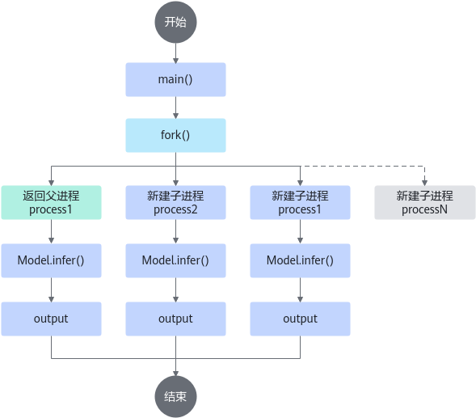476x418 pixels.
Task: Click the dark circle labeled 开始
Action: coord(175,22)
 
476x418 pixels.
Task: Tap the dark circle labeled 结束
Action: coord(175,397)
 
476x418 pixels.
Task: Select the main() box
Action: coord(175,79)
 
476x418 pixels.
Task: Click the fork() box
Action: coord(175,136)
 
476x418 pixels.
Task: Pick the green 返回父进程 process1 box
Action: coord(51,203)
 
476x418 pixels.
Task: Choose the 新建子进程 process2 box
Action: coord(175,203)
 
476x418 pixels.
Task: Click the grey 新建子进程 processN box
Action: coord(425,203)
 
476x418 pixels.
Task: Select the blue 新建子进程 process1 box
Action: coord(301,203)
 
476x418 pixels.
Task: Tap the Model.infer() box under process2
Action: coord(175,260)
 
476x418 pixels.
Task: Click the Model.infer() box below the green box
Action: coord(51,260)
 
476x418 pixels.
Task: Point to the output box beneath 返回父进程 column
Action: coord(51,319)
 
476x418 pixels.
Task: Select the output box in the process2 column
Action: coord(175,319)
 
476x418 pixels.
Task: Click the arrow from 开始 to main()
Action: coord(175,53)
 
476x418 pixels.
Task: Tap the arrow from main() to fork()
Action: coord(175,108)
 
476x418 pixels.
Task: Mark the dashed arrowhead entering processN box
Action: coord(425,183)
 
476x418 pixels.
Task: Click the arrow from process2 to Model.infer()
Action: coord(175,231)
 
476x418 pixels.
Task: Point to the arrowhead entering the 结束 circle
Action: coord(175,374)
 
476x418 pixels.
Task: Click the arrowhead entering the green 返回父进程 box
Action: coord(51,183)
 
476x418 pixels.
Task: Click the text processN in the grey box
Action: coord(425,209)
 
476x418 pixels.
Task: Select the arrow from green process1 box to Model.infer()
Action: coord(51,231)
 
